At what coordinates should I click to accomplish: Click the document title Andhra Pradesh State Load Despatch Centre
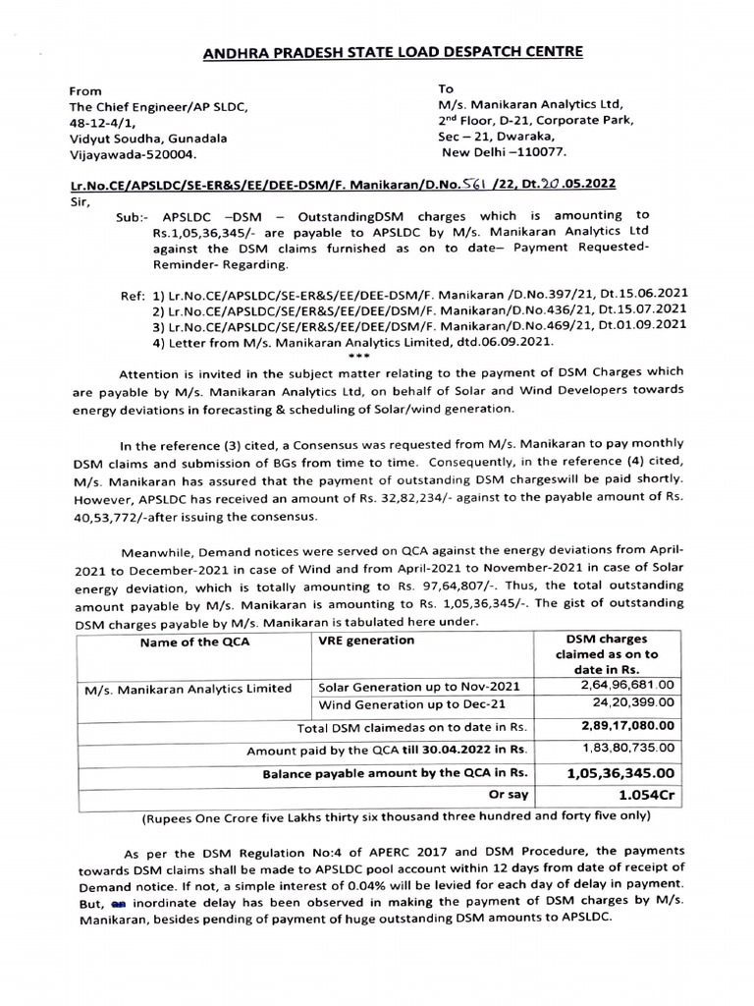coord(378,51)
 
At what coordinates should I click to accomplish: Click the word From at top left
coord(84,90)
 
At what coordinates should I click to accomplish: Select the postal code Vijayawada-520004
coord(133,154)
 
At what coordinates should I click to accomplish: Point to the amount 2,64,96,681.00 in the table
coord(625,685)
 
